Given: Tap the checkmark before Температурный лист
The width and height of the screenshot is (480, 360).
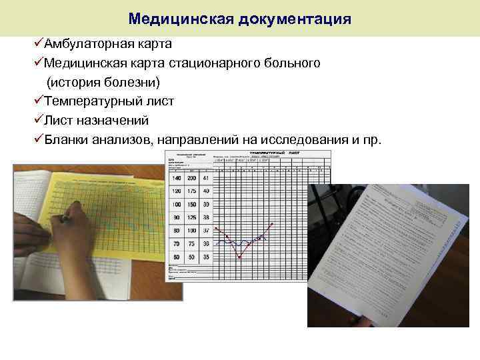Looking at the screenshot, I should point(38,101).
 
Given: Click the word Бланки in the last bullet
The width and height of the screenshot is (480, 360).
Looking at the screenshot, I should point(65,140).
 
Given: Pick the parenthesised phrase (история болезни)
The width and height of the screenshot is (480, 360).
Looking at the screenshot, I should point(103,83).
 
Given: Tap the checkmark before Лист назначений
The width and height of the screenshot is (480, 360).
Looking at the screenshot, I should point(38,121).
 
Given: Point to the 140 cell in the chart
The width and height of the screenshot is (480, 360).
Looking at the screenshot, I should point(177,179).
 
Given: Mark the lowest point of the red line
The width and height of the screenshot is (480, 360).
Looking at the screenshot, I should point(240,257).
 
